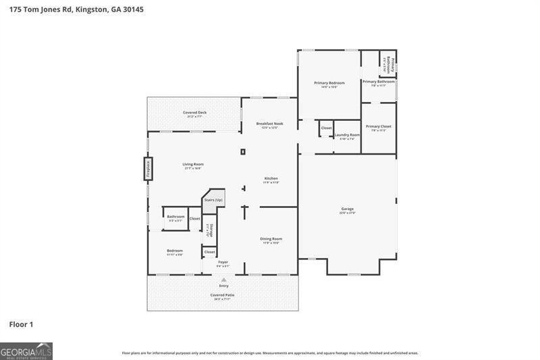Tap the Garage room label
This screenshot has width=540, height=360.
(347, 209)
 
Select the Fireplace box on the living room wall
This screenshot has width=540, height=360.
(148, 168)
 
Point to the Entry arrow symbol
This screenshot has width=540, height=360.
(223, 279)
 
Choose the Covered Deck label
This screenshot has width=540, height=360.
(194, 112)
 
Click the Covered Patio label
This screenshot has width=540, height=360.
(223, 295)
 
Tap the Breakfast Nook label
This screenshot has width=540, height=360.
(269, 124)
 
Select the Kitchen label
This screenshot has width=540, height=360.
(271, 179)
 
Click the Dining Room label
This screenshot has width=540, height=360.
(271, 238)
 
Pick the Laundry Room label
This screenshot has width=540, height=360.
(347, 135)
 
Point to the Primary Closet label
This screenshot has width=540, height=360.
(378, 126)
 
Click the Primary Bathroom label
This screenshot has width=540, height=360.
(378, 82)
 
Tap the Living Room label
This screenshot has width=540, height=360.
(193, 164)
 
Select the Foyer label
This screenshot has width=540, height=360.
(223, 262)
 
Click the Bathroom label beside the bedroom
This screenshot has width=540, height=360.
(175, 217)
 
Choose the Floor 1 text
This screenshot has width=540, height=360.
(21, 325)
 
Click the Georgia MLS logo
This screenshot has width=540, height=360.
(26, 351)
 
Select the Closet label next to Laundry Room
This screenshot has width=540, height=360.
(326, 128)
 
